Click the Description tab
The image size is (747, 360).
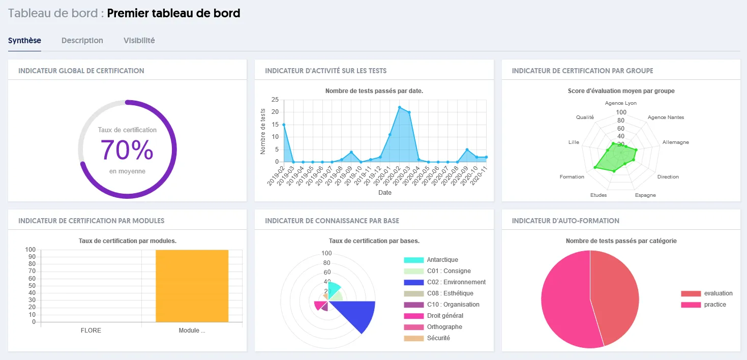pos(82,41)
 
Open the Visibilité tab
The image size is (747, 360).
pos(139,41)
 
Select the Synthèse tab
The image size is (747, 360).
pos(24,41)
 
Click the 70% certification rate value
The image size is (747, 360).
pos(127,150)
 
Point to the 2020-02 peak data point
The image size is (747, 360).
pos(400,107)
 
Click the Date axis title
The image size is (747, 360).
pos(385,193)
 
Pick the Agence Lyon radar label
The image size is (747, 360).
pos(620,103)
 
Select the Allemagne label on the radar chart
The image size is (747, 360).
pos(676,142)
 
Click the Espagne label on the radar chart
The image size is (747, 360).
pos(645,195)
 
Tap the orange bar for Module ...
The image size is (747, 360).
pos(192,285)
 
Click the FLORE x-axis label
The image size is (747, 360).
pos(91,331)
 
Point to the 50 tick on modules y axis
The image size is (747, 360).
pos(32,286)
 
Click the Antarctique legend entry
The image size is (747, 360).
pos(442,260)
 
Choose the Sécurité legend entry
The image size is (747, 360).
pos(438,338)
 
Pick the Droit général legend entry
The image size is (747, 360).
pos(444,316)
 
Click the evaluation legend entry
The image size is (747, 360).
pos(718,293)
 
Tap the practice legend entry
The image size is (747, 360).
pos(714,305)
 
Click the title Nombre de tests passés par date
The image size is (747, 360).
pos(374,91)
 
